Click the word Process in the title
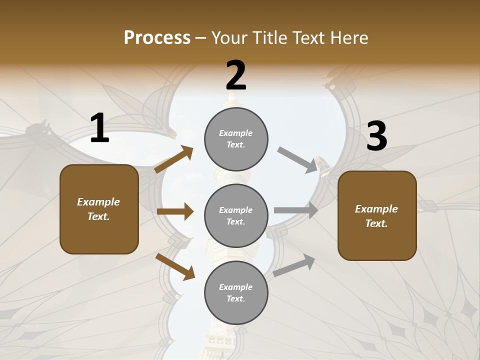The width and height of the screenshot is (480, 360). [157, 37]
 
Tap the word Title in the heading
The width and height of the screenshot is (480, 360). [270, 37]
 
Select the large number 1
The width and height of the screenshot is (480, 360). [99, 128]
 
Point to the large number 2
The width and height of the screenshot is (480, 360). [236, 75]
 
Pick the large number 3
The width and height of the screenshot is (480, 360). [376, 136]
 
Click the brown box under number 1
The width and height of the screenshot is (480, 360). [99, 209]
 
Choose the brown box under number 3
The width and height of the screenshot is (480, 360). [377, 216]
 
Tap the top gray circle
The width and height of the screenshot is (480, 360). [236, 139]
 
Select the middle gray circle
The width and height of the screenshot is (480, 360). [236, 216]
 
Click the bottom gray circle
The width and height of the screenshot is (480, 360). [236, 293]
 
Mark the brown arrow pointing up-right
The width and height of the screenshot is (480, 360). [174, 159]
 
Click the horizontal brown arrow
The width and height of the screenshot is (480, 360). [175, 212]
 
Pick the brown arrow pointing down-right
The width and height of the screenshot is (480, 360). [175, 266]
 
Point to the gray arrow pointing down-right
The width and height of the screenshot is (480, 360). [297, 160]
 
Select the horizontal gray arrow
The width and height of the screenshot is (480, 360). [296, 210]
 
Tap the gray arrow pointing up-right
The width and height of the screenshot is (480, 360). [294, 265]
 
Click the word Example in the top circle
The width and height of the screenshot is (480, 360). [236, 133]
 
